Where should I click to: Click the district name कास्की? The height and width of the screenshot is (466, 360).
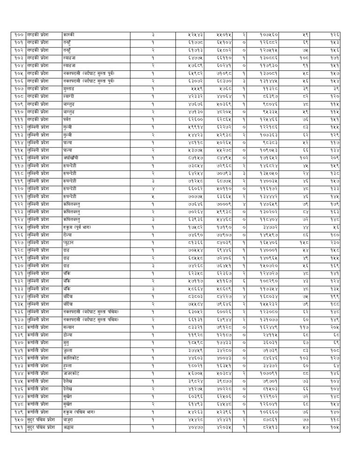pyautogui.click(x=68, y=35)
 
